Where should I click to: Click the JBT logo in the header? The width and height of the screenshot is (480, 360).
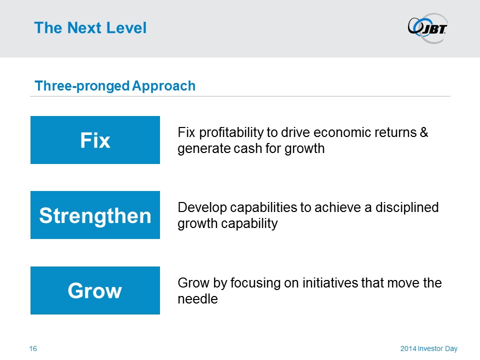coord(427,28)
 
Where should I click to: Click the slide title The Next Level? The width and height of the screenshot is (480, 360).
coord(90,28)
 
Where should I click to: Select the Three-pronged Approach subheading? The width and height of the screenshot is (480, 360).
coord(115,86)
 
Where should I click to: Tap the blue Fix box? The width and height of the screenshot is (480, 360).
coord(95,140)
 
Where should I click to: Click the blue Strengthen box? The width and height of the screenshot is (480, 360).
coord(95,215)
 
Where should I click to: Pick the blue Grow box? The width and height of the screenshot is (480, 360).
coord(95,290)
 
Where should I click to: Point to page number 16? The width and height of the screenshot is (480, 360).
coord(33,348)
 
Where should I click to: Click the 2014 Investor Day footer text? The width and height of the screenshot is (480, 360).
coord(429,348)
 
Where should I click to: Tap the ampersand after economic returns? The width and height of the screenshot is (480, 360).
coord(424,132)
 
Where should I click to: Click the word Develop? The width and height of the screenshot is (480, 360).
coord(202,208)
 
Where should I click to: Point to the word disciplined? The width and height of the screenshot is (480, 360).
coord(407,207)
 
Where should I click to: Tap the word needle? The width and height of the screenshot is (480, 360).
coord(198,299)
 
